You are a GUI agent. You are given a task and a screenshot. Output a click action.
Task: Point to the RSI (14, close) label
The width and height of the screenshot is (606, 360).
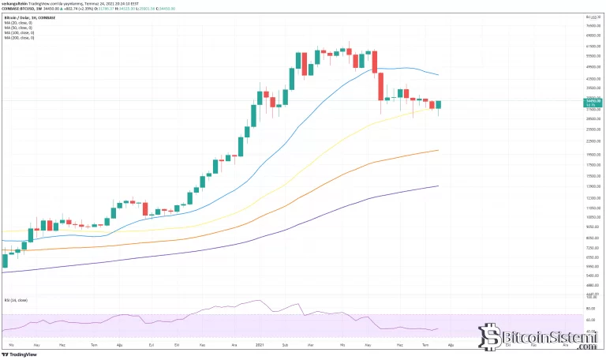click(x=13, y=300)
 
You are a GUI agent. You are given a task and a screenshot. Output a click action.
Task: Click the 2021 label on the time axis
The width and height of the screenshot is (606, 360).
click(x=260, y=346)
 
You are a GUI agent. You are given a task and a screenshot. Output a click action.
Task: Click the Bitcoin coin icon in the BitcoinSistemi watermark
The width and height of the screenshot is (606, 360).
click(x=495, y=336)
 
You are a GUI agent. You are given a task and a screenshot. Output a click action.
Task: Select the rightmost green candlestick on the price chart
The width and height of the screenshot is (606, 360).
click(x=438, y=104)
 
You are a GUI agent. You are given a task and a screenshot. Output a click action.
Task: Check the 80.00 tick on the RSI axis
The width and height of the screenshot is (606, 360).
click(x=591, y=309)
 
